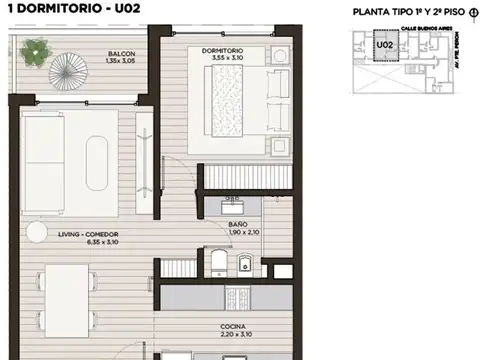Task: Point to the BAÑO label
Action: point(237,224)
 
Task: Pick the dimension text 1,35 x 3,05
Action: point(123,61)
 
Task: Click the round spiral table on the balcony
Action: point(77,76)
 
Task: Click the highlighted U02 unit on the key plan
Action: point(382,45)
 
